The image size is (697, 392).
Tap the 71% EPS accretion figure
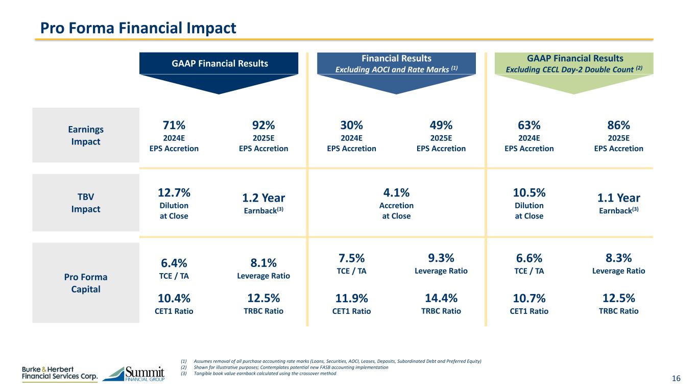point(174,125)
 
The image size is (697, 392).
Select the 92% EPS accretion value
point(263,125)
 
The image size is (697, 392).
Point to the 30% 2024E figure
point(351,125)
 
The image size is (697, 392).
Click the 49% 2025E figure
point(441,125)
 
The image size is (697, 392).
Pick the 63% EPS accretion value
point(529,125)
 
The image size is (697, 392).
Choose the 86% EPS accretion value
point(619,125)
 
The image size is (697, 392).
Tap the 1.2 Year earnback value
point(263,198)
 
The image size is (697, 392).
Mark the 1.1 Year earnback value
point(619,198)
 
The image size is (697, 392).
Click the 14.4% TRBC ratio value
point(441,298)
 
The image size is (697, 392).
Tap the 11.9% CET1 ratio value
point(351,298)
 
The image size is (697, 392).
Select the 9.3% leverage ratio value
point(441,258)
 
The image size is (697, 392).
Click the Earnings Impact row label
point(85,135)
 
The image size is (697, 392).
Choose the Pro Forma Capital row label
point(85,283)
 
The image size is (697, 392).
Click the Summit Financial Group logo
point(134,374)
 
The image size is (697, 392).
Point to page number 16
point(676,378)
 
